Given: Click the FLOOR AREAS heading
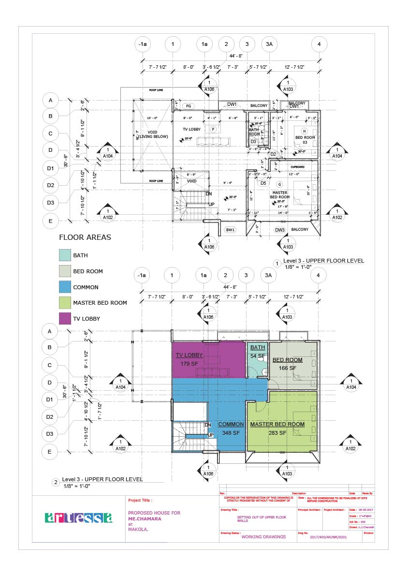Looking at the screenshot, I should coord(85,237).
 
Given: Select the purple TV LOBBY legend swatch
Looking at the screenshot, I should coord(65,319).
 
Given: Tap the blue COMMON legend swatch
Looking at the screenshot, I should coord(65,287).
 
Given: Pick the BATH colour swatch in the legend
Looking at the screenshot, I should coord(65,255).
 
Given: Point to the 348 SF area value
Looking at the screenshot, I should coord(231,433).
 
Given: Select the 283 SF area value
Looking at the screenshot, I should coord(277,433).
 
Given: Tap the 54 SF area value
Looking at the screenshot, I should coord(257,356).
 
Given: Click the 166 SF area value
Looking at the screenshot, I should coord(287,368).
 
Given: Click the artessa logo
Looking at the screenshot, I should coord(78,518).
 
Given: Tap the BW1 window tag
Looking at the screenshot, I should coord(230,230).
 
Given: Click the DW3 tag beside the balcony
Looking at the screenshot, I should coord(280,230).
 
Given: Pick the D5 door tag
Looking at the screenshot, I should coord(263,183).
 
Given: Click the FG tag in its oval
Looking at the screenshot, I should coord(189,106).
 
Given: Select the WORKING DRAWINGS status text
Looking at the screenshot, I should coord(263,537).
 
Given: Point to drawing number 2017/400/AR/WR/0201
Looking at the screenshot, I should coord(328,537).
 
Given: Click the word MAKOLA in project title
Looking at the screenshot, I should coord(138,529).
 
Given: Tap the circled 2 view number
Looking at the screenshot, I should coord(56,482).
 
